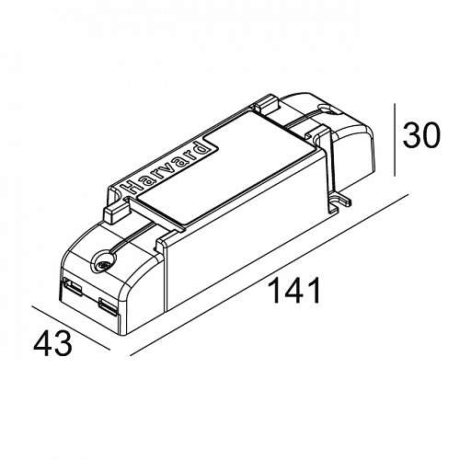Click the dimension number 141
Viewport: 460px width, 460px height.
(x=294, y=291)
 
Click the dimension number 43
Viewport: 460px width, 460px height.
(x=52, y=343)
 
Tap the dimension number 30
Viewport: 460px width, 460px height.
(x=421, y=135)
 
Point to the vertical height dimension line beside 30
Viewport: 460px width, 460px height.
(x=395, y=140)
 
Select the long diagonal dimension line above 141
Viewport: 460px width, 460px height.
(x=270, y=275)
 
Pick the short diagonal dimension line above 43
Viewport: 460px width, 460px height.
(x=71, y=328)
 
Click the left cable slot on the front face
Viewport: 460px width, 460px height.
(x=73, y=286)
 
